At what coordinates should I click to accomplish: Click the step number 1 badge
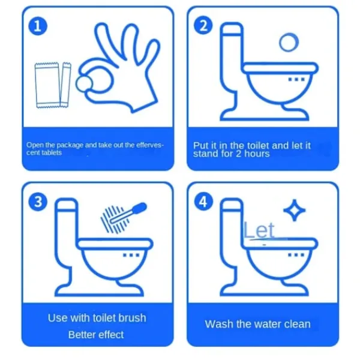38,26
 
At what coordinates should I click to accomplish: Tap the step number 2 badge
203,25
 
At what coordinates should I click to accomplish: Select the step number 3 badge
38,202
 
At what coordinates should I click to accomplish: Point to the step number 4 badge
203,202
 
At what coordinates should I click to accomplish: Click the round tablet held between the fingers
84,83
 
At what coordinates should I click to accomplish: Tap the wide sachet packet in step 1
47,85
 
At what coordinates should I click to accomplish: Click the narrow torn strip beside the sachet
65,85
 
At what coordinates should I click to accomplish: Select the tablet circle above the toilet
289,42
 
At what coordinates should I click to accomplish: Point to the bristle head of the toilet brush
114,219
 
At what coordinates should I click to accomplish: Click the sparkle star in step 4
295,211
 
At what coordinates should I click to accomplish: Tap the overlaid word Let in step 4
259,230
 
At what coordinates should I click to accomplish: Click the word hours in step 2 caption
257,154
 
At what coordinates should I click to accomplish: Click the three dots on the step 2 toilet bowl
296,79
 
